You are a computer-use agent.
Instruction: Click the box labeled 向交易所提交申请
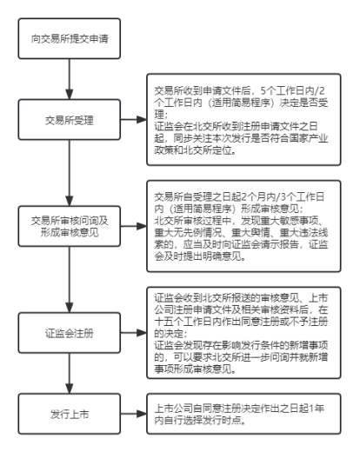click(70, 38)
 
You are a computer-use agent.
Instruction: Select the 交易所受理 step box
click(70, 120)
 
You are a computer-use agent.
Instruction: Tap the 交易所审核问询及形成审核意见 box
click(70, 226)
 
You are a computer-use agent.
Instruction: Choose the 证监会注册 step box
click(70, 333)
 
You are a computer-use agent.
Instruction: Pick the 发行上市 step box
click(70, 414)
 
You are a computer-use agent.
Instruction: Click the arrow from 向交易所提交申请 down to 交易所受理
click(70, 79)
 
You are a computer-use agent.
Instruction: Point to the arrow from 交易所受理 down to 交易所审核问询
click(70, 173)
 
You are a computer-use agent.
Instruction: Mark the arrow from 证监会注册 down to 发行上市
click(70, 373)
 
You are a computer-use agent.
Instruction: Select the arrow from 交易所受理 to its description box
click(134, 119)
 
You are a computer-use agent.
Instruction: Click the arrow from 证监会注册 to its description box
click(134, 333)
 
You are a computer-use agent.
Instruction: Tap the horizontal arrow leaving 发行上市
click(134, 414)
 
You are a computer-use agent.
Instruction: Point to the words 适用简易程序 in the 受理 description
click(242, 103)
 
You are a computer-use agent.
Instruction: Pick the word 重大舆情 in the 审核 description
click(250, 233)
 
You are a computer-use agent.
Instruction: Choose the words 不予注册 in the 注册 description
click(309, 322)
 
